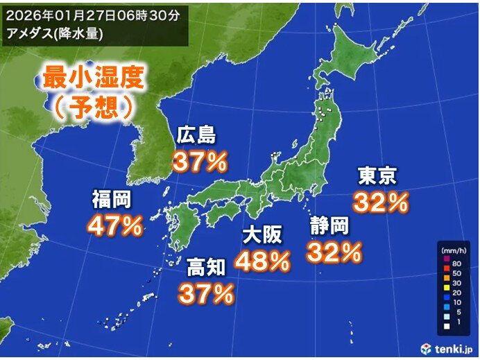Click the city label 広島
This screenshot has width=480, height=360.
coord(197,134)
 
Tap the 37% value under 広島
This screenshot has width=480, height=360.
coord(200,162)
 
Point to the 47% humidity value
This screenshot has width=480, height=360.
coord(115,225)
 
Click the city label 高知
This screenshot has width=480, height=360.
coord(205,267)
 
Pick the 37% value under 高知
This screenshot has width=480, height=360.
coord(207,294)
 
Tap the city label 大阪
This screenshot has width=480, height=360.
coord(262,235)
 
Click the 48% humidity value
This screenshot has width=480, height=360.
coord(262,262)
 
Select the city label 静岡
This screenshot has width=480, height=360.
coord(329,226)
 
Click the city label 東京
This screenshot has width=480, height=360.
coord(377,176)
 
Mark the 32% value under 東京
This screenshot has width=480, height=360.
coord(381,203)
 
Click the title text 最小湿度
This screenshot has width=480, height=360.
coord(94,78)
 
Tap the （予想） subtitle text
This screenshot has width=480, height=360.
coord(94,107)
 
